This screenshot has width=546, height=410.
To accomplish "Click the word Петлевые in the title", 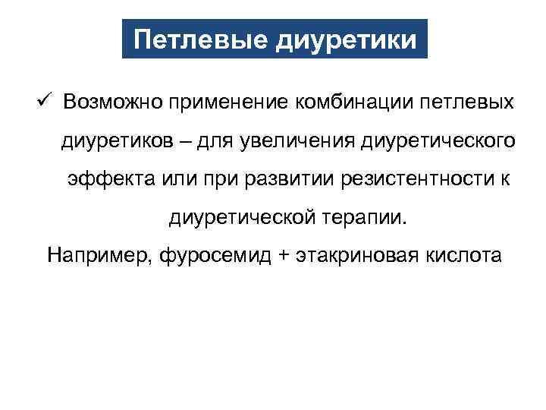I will pos(199,39).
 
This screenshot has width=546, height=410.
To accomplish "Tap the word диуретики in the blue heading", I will pos(347,39).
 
